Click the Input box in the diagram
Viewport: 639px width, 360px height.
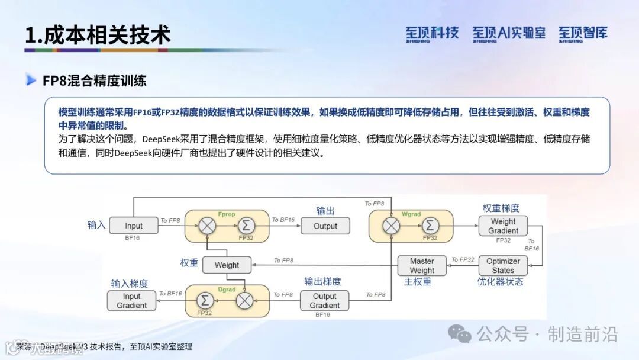coord(134,226)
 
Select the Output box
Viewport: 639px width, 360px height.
coord(325,226)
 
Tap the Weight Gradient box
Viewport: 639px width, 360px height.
coord(504,226)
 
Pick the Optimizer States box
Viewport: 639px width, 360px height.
coord(503,265)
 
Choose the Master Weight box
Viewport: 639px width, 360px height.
coord(422,265)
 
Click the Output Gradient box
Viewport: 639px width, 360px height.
coord(324,301)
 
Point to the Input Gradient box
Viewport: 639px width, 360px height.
coord(131,301)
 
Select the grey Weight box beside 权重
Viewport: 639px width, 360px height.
coord(227,265)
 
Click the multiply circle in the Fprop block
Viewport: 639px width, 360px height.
coord(207,226)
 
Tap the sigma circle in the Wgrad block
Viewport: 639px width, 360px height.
coord(430,226)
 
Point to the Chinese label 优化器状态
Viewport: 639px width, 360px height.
coord(501,282)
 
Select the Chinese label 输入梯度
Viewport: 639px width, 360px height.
coord(130,284)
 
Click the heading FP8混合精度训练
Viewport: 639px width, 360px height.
coord(95,81)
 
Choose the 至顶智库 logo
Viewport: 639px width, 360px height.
coord(583,34)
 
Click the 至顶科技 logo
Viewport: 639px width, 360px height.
coord(432,34)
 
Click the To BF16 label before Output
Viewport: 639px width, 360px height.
coord(283,220)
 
